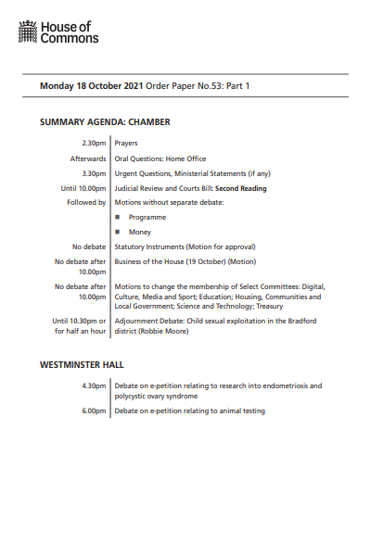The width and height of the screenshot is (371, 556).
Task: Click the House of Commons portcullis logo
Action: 28,34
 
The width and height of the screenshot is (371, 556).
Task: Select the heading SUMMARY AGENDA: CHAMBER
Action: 105,121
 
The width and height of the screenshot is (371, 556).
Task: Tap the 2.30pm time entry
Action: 94,144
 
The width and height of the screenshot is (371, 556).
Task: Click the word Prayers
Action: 127,144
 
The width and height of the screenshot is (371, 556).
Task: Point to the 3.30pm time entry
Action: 94,173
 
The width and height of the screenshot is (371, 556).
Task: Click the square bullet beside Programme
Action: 118,217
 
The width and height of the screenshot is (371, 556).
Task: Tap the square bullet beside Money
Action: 118,232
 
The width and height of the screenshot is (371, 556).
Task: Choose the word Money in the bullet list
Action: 140,232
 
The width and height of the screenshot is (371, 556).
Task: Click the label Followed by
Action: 86,202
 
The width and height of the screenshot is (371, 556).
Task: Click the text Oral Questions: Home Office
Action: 159,158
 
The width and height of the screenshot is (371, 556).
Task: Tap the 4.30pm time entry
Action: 94,385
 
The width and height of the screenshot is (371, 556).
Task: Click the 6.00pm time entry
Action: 94,411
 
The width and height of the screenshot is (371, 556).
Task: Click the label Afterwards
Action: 88,158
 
